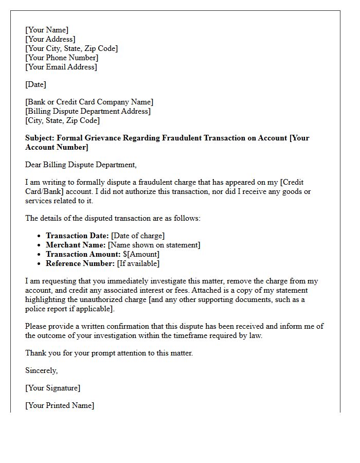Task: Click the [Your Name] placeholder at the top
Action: tap(47, 30)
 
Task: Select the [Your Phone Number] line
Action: tap(62, 58)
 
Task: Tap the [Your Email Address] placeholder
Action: tap(61, 67)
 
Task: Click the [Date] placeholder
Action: tap(35, 84)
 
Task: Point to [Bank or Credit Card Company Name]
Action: tap(89, 102)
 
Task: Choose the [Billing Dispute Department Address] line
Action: tap(88, 111)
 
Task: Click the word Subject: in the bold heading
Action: tap(40, 138)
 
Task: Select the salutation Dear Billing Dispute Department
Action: tap(81, 165)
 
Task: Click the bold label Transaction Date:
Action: tap(77, 236)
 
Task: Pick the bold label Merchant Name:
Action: tap(76, 245)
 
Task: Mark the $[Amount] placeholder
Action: tap(141, 254)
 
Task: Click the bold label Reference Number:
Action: tap(80, 263)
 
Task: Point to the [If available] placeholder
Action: tap(138, 263)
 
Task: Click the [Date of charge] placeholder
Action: tap(138, 236)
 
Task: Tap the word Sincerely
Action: tap(41, 370)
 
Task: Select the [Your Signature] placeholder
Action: tap(53, 388)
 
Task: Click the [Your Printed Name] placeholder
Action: tap(60, 405)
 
